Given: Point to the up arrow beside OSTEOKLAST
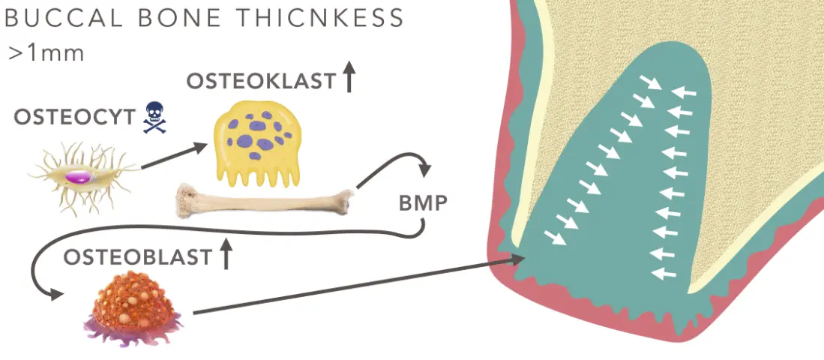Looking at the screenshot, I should [348, 77].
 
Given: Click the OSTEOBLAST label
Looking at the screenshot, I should [137, 257].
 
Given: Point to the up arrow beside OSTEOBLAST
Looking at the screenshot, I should [226, 255].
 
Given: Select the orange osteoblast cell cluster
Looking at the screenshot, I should [135, 307].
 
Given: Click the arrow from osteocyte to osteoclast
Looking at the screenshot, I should [173, 157].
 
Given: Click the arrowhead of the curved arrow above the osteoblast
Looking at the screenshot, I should [54, 295].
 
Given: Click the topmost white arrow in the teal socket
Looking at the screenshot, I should [652, 80].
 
